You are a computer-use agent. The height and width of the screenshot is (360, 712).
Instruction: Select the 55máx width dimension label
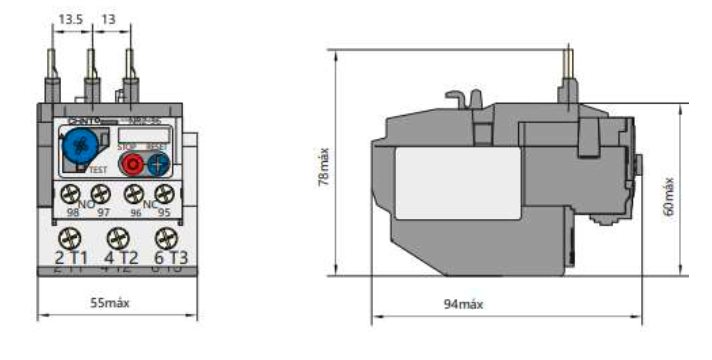tap(111, 302)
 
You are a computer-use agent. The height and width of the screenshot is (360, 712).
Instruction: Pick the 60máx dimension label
tap(668, 195)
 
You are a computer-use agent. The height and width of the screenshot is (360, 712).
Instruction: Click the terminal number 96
tap(134, 213)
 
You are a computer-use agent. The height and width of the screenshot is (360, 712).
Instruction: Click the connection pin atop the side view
tap(566, 71)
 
